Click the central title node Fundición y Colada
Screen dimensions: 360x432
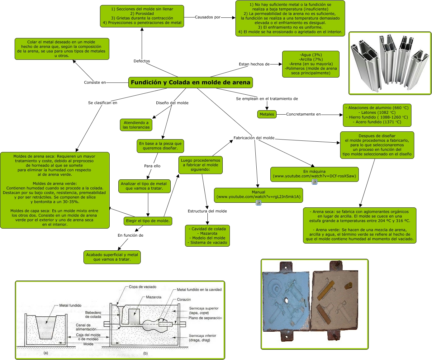coord(190,83)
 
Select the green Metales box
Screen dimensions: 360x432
coord(267,114)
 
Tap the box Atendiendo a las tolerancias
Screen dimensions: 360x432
coord(136,125)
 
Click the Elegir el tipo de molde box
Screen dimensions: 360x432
coord(148,221)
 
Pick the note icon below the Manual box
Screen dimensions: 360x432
coord(258,203)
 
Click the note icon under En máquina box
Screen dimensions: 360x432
coord(315,182)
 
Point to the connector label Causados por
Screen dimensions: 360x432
coord(208,17)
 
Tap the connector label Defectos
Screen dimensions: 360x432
coord(142,61)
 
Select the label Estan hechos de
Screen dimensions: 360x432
coord(254,64)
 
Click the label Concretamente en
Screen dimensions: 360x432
coord(303,114)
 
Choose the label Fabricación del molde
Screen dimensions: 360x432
coord(254,138)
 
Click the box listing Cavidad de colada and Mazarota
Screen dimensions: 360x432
coord(207,236)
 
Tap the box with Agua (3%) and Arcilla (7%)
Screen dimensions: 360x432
coord(311,64)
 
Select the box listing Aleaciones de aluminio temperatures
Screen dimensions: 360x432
coord(377,115)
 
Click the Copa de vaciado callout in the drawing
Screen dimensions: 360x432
coord(142,287)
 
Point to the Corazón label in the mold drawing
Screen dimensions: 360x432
coord(184,300)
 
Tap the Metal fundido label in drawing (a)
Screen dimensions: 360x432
coord(70,306)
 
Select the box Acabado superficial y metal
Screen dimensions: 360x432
coord(112,257)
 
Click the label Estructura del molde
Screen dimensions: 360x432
coord(207,211)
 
